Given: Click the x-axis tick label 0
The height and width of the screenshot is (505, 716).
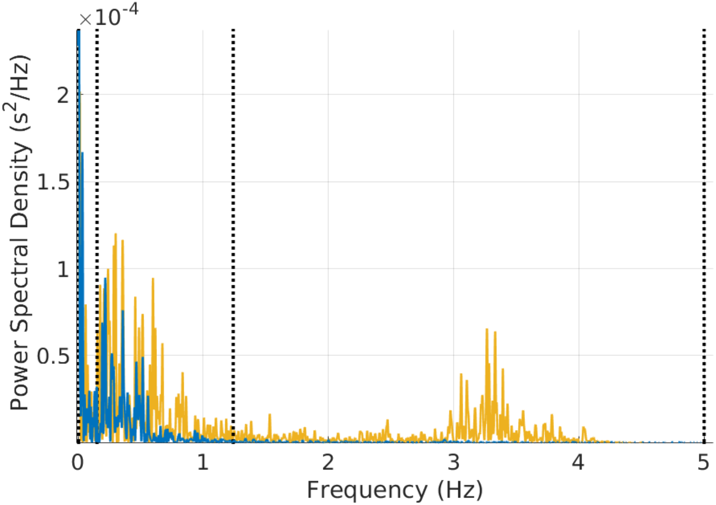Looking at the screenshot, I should pos(78,463).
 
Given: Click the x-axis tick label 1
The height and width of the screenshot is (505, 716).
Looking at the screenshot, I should pos(203,463).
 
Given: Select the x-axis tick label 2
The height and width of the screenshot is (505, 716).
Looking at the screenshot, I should pos(328,463).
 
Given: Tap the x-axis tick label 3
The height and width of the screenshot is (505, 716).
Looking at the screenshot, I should pos(453,463).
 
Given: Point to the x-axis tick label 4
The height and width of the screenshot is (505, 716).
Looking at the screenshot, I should pos(578,463).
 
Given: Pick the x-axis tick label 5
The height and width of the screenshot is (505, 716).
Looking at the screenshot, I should pos(703,463).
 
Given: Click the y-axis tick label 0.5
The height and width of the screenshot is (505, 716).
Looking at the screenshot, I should pos(53,356).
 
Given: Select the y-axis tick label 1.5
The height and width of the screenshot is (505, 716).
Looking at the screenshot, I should pos(53,182).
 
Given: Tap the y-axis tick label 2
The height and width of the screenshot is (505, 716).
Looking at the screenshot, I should pos(63,95).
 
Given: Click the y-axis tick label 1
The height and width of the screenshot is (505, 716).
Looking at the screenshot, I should pos(63,270).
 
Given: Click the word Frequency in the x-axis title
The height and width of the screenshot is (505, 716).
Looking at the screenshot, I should pos(366,490).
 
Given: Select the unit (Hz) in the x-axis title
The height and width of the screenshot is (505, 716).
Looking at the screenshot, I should pos(460,490).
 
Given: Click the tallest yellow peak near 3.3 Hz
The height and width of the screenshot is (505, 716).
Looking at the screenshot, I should pos(487,330).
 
